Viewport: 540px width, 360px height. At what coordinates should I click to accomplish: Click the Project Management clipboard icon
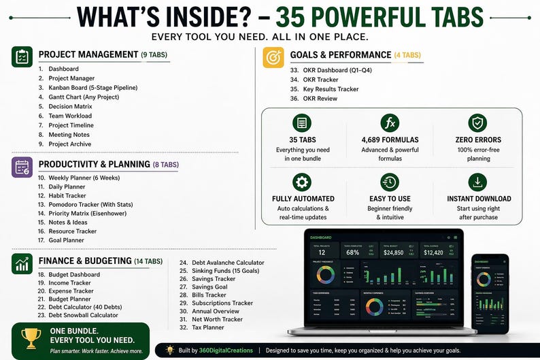22,57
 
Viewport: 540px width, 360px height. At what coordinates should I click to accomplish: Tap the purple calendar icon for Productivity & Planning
22,167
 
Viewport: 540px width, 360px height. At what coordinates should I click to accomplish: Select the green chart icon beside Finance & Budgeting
22,263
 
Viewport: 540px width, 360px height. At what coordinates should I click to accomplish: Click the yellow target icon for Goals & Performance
273,57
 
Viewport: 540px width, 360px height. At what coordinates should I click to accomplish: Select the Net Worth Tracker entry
216,319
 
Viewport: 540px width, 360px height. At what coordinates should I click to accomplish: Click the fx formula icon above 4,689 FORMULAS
390,123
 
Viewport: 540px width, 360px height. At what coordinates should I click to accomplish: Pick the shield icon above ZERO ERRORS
478,123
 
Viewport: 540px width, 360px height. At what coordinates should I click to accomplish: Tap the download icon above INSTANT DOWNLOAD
478,182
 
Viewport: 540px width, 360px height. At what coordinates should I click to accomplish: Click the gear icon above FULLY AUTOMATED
301,182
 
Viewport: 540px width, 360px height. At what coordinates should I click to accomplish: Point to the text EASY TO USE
389,199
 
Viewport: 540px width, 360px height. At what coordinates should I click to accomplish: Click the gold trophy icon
31,338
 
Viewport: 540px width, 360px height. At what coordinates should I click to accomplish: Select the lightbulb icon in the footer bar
169,350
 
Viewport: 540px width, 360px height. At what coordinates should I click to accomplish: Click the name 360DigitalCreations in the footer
223,350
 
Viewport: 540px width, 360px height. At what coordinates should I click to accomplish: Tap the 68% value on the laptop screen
353,252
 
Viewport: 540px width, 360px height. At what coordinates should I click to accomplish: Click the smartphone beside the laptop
489,292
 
